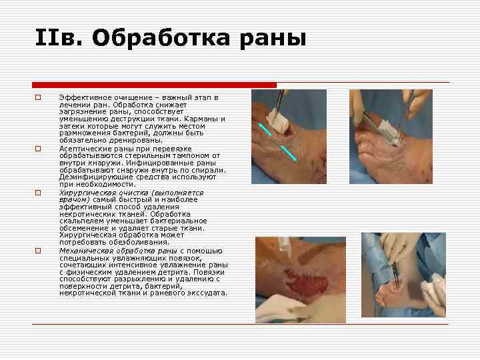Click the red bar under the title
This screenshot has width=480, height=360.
coord(154,85)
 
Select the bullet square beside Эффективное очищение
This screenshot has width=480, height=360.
coord(38,98)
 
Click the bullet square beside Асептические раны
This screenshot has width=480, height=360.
coord(38,148)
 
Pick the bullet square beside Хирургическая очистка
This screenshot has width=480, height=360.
coord(38,192)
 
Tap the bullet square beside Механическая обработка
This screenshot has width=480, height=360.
coord(38,251)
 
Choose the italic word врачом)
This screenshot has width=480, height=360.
coord(75,199)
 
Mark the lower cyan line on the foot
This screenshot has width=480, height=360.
coord(287,152)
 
